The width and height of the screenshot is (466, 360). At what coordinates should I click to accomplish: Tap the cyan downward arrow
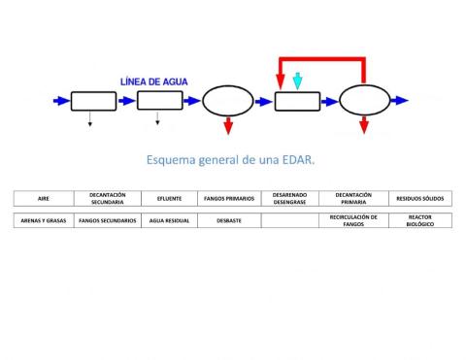(x=298, y=82)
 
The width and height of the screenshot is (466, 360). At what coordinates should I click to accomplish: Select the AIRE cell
(x=44, y=198)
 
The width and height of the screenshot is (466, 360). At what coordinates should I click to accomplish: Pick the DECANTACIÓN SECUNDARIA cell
(x=107, y=198)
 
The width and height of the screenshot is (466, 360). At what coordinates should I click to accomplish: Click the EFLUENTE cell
(x=169, y=198)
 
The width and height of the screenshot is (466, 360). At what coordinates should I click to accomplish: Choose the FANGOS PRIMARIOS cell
(x=229, y=198)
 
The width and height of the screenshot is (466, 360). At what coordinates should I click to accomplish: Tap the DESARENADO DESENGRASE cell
(x=290, y=198)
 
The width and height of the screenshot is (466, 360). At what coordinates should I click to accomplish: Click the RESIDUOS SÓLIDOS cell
(x=419, y=198)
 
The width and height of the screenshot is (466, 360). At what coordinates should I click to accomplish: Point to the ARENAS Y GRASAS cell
(x=44, y=220)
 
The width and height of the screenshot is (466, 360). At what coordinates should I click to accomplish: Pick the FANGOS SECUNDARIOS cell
(x=107, y=220)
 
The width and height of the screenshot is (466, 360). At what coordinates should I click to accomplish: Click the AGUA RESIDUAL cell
(x=169, y=220)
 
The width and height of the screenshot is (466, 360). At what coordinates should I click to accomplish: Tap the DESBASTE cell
(x=229, y=220)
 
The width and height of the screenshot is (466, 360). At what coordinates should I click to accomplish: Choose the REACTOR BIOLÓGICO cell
(x=419, y=220)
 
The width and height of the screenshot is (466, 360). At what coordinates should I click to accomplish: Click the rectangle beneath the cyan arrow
(x=298, y=101)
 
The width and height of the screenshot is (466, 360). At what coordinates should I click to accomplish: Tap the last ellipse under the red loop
(x=362, y=101)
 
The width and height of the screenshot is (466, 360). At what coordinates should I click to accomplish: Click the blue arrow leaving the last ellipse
(x=398, y=100)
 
